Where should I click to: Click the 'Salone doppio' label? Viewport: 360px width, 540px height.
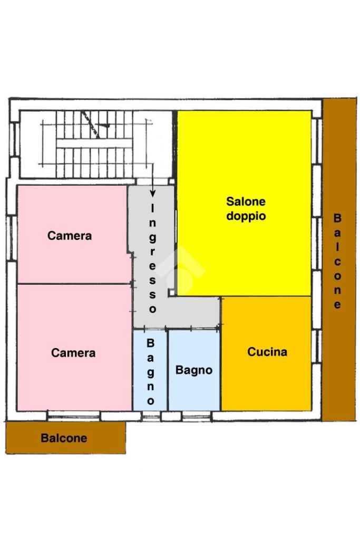pos(246,208)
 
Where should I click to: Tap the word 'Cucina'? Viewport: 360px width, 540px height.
pos(267,352)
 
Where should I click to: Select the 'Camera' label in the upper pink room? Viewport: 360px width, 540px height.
pos(70,236)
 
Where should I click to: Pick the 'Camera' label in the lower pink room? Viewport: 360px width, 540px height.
pos(73,353)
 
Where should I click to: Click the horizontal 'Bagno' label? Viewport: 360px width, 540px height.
pos(194,370)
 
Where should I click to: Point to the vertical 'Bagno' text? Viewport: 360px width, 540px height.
pos(150,372)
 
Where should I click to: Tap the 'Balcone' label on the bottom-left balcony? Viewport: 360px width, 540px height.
pos(64,438)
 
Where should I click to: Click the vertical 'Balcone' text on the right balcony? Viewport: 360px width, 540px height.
pos(337,261)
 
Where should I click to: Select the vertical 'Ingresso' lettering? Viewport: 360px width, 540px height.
pos(153,258)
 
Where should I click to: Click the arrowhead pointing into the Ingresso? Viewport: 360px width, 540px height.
pos(153,195)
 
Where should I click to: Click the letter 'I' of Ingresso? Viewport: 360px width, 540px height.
pos(153,208)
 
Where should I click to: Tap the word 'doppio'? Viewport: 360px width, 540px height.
pos(246,216)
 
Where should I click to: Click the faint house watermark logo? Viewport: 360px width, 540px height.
pos(182,272)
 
